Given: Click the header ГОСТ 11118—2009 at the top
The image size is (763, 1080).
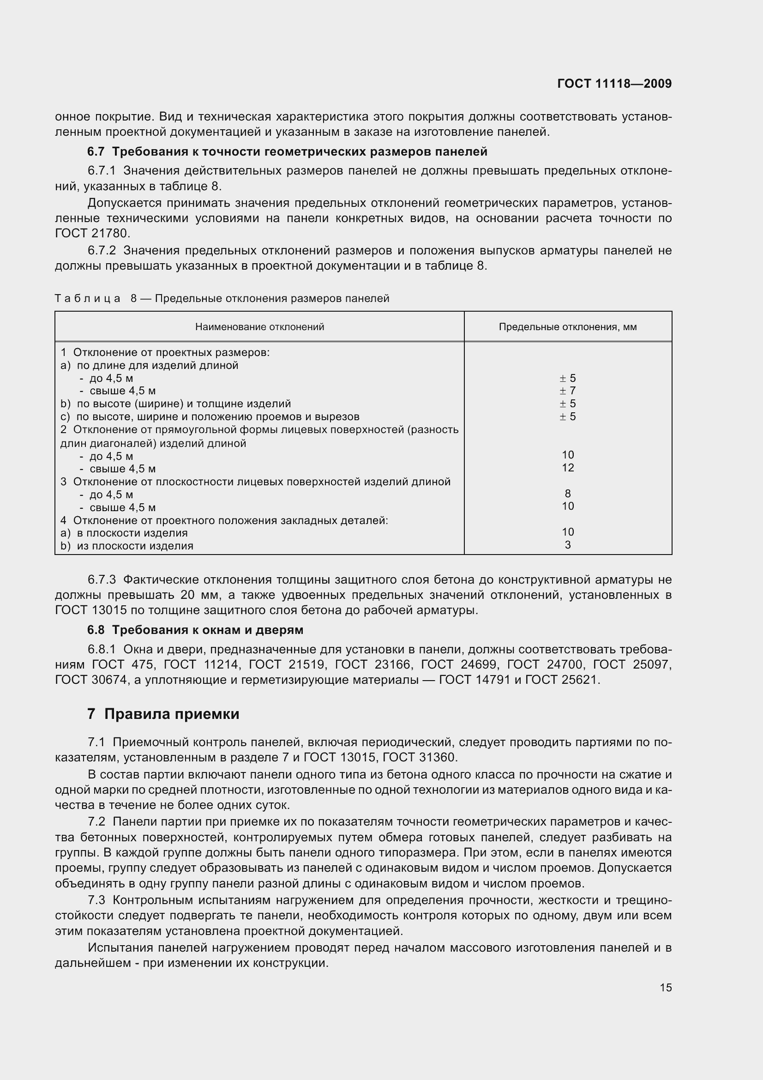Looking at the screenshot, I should (614, 84).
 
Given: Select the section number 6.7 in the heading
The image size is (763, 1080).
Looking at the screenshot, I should (96, 151).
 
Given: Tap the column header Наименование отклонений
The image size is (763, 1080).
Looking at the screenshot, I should (259, 327).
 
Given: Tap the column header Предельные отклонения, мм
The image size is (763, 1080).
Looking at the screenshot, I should (567, 327).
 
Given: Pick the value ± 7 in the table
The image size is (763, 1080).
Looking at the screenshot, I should (567, 391).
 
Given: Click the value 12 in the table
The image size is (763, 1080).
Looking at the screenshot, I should (567, 468).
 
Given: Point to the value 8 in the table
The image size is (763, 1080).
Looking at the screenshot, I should (567, 494).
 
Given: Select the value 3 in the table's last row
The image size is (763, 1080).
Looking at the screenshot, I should (567, 545).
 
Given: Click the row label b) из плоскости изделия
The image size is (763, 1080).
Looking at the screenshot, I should (127, 546).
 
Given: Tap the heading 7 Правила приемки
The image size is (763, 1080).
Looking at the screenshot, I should (163, 714).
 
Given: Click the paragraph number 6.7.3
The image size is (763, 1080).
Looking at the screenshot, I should (102, 579).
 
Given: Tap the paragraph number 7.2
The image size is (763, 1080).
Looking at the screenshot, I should (96, 822).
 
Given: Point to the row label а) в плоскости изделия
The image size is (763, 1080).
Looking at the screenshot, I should (124, 533).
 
